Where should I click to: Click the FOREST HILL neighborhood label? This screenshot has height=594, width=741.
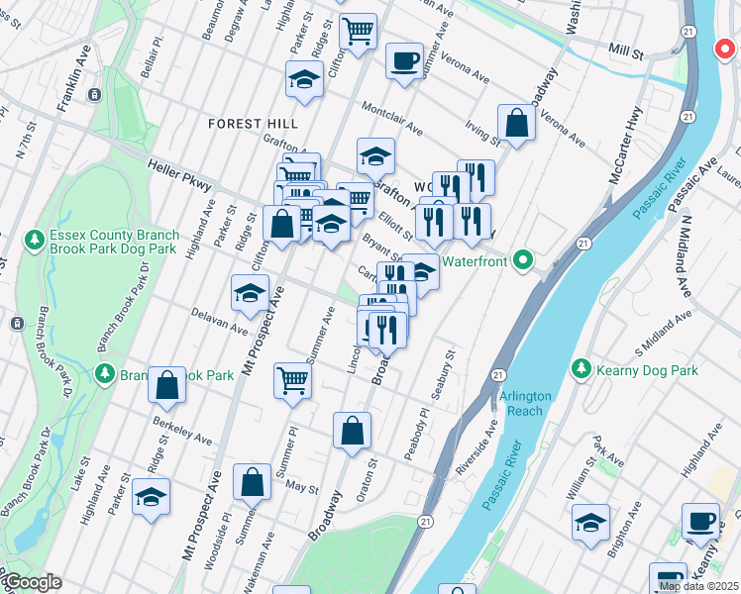pyautogui.click(x=253, y=123)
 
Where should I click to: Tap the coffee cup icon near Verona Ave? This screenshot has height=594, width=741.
pyautogui.click(x=404, y=60)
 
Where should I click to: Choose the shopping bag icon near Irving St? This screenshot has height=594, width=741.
pyautogui.click(x=516, y=123)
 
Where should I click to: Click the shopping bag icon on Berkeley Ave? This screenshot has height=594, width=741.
pyautogui.click(x=167, y=385)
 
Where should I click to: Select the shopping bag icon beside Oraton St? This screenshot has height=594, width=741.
pyautogui.click(x=352, y=431)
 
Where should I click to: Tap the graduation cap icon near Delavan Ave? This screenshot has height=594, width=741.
pyautogui.click(x=251, y=292)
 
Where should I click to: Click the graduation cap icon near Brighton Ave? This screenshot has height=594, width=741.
pyautogui.click(x=590, y=523)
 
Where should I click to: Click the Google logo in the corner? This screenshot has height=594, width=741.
pyautogui.click(x=33, y=583)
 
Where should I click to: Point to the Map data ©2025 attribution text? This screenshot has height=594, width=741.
pyautogui.click(x=697, y=586)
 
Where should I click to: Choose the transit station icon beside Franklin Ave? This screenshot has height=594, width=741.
pyautogui.click(x=93, y=95)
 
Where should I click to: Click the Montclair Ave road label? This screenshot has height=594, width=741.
pyautogui.click(x=393, y=117)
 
